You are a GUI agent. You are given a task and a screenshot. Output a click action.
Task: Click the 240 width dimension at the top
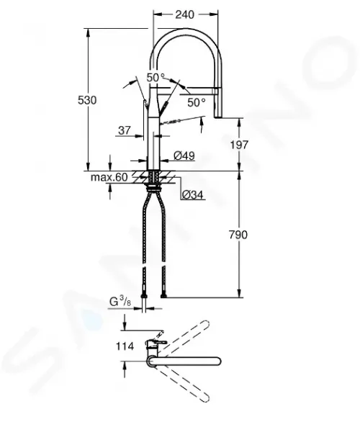185,14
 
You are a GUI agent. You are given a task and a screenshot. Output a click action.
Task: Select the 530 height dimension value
87,100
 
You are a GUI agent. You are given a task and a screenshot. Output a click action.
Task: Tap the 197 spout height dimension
239,145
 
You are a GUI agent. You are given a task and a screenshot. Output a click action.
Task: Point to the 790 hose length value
238,235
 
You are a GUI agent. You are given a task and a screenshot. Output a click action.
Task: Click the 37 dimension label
125,130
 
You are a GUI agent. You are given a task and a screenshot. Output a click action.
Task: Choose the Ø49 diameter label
184,156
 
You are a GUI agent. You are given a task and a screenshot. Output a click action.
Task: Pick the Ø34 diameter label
192,195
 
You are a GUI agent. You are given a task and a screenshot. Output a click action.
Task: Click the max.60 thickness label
109,177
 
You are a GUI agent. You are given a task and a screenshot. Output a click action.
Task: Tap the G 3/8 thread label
120,302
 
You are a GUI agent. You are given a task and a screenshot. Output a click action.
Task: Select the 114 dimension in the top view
125,346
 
